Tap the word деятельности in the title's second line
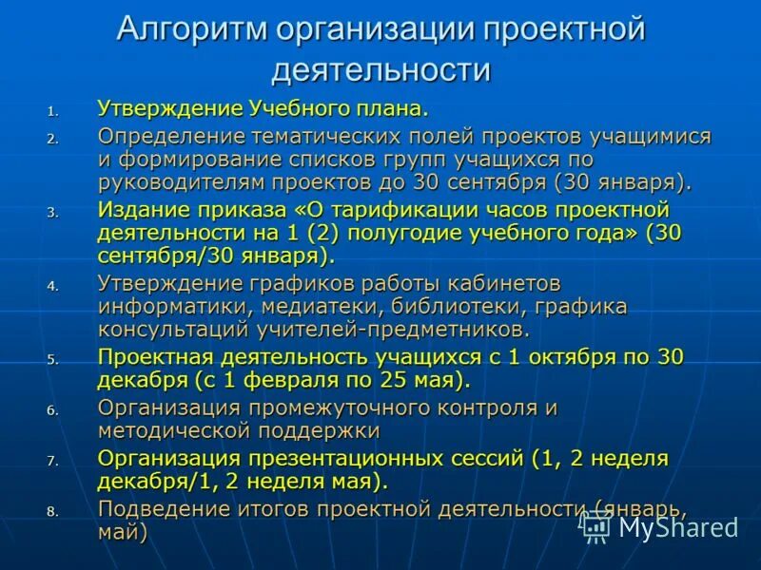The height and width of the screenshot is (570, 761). (380, 71)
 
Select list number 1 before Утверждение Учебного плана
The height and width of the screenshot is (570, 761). (52, 109)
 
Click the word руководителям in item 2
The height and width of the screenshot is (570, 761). (167, 181)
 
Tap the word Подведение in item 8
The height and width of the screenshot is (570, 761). (156, 508)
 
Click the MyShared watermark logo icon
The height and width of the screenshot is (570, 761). (596, 524)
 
